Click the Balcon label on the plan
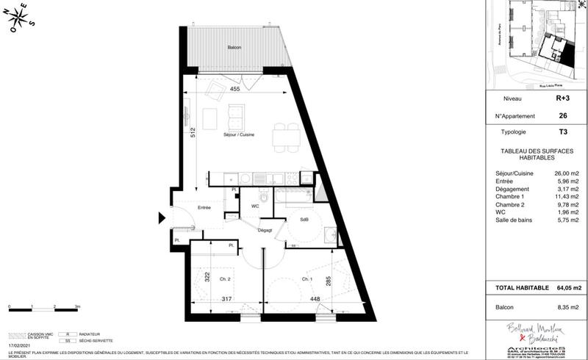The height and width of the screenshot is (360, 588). point(234,47)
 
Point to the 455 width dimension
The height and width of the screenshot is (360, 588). point(235,89)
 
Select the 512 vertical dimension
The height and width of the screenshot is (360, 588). point(193,134)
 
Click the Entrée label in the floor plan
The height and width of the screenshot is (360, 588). point(204,209)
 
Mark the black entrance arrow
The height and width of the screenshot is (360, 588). point(162,217)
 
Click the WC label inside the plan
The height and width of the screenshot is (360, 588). point(255,206)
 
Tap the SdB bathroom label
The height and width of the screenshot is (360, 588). point(304,220)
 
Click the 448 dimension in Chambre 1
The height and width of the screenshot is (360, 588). point(314,298)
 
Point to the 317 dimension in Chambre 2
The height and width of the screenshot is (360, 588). point(228,298)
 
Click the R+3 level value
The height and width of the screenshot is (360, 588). point(562,98)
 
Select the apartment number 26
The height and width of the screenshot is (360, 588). point(562,115)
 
